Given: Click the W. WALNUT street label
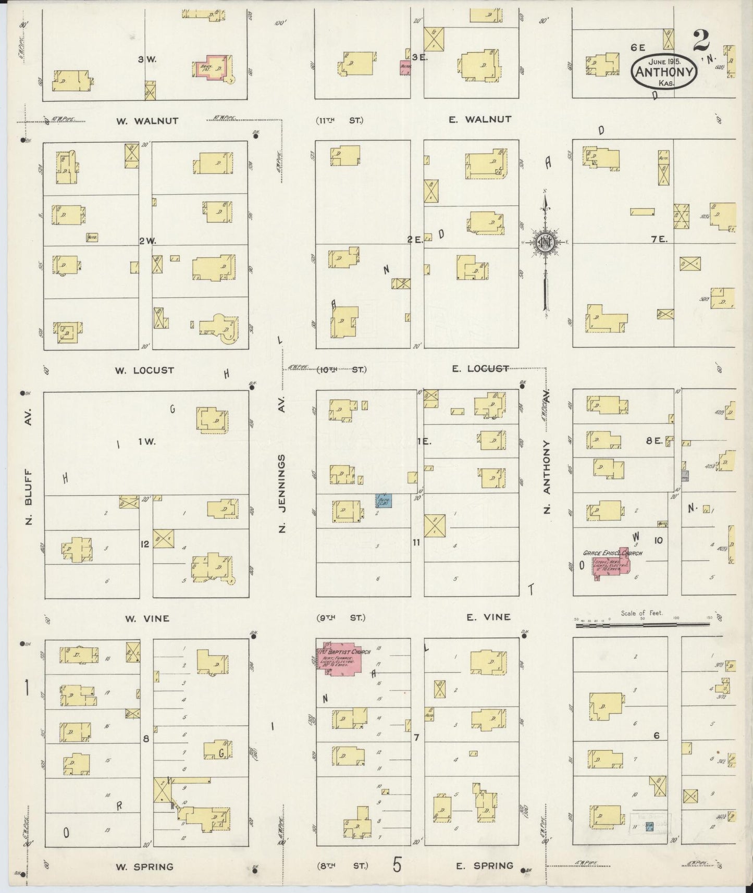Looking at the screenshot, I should [147, 121].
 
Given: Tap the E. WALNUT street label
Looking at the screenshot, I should [480, 119].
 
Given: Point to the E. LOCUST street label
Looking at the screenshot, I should [480, 369].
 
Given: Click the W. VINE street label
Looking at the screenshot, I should [147, 618].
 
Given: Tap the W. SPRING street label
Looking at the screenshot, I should [144, 867].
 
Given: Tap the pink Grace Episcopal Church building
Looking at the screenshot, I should [611, 565].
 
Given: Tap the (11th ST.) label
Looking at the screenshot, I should [340, 120].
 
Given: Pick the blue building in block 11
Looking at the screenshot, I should [384, 501].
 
